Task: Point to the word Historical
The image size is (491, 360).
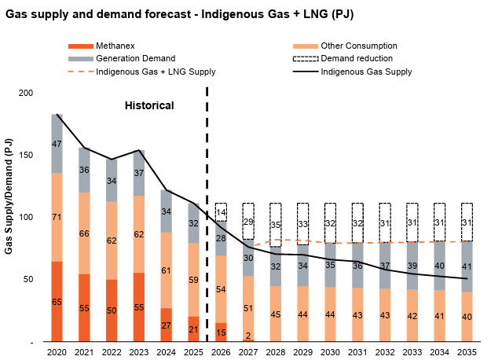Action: click(x=150, y=105)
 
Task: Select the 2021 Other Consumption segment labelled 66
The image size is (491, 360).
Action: click(x=85, y=233)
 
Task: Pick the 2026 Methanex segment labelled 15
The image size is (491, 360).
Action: click(x=221, y=332)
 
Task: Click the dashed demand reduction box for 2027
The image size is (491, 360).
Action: click(x=248, y=221)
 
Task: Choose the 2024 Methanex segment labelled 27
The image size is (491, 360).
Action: click(x=167, y=325)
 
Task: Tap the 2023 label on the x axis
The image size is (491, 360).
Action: click(x=139, y=353)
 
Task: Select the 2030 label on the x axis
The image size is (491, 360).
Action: click(x=330, y=353)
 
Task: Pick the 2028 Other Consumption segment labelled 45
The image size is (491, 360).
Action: click(x=276, y=314)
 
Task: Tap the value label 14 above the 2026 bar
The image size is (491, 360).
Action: click(x=221, y=212)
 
